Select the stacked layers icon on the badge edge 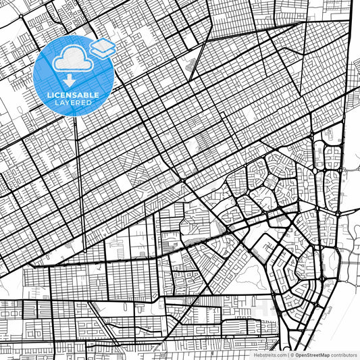click(x=103, y=47)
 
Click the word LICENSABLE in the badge click(x=72, y=95)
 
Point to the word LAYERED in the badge click(x=72, y=102)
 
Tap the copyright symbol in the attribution click(x=290, y=354)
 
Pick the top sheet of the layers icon click(x=103, y=44)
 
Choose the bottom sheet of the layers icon click(x=103, y=51)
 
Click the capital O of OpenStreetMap click(x=296, y=354)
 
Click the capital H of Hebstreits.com click(x=255, y=354)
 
